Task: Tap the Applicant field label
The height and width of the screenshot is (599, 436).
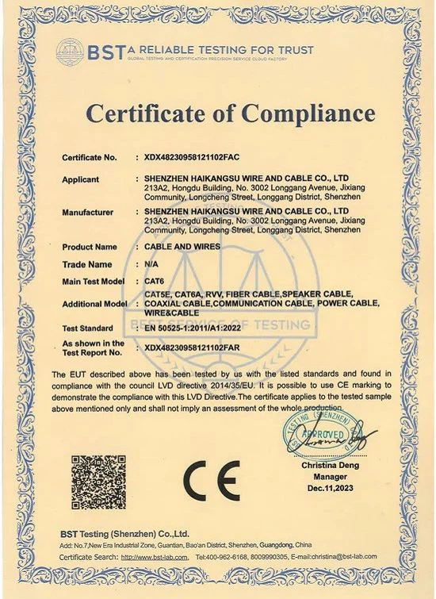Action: (x=81, y=180)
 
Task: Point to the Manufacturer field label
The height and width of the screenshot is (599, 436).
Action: (x=88, y=213)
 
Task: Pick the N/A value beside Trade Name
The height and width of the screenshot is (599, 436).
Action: (x=151, y=264)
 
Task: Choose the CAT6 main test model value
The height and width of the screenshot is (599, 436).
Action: (x=153, y=282)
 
